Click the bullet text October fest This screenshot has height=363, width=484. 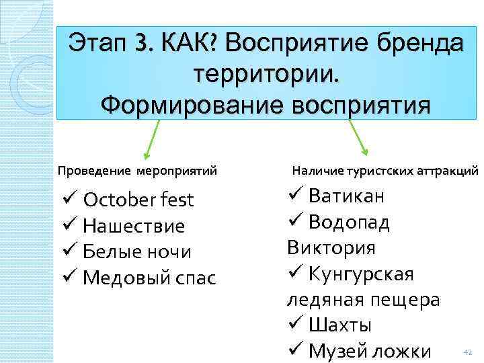(138, 200)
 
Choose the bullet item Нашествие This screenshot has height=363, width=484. (134, 226)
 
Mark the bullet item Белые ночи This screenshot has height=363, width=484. (137, 251)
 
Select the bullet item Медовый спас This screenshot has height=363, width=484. (149, 277)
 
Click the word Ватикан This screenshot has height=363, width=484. (347, 196)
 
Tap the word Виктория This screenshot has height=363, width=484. (331, 247)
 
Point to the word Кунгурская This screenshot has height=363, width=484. (361, 274)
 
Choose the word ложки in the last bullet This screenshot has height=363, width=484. (402, 350)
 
